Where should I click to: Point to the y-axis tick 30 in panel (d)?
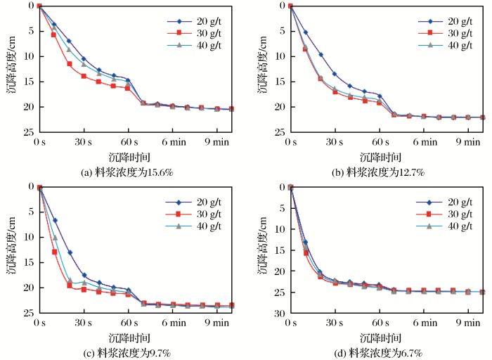coord(280,313)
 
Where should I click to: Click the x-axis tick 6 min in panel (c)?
coord(174,323)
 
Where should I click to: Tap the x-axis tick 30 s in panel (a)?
coord(84,142)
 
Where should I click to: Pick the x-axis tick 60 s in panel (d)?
coord(380,323)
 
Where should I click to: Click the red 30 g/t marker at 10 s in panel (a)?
coord(53,34)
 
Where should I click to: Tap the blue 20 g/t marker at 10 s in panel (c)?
coord(54,220)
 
